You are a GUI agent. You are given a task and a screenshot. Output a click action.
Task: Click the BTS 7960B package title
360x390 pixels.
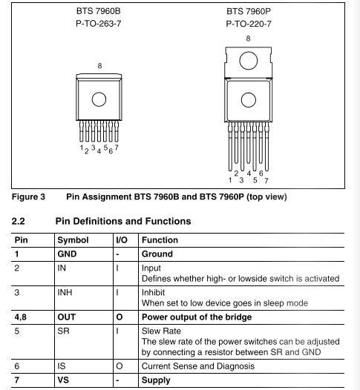(98, 11)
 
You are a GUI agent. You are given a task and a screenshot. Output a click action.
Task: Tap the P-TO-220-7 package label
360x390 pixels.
(249, 24)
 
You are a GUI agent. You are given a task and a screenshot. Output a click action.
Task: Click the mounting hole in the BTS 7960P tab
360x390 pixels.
(249, 61)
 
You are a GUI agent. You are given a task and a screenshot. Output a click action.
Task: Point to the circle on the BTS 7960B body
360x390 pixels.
(99, 99)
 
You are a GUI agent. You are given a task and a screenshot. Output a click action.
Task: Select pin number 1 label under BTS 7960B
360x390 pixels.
(82, 148)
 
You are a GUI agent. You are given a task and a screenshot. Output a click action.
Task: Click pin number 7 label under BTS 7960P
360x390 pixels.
(266, 181)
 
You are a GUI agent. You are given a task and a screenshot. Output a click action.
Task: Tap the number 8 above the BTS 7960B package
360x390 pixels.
(99, 66)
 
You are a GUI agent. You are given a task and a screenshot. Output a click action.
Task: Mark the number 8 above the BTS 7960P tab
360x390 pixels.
(248, 39)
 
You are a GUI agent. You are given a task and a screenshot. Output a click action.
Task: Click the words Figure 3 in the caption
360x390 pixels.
(28, 196)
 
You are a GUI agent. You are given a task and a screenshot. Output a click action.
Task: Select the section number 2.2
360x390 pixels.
(18, 221)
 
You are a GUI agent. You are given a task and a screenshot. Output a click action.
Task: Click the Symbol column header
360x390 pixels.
(73, 240)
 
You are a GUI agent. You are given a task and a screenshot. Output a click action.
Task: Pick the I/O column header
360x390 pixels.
(122, 240)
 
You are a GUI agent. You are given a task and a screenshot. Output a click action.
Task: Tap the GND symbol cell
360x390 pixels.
(67, 254)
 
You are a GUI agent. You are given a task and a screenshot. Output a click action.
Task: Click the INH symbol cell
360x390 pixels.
(65, 292)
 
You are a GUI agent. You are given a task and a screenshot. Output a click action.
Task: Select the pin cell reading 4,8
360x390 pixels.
(21, 317)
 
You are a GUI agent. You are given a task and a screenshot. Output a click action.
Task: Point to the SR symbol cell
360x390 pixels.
(63, 331)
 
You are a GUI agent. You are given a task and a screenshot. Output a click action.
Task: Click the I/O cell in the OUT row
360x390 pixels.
(120, 317)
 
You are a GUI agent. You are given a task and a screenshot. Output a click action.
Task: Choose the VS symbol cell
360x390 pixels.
(63, 380)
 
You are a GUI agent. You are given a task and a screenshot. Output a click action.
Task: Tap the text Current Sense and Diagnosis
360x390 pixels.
(198, 366)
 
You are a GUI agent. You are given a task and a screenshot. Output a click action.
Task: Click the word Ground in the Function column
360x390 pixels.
(157, 254)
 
